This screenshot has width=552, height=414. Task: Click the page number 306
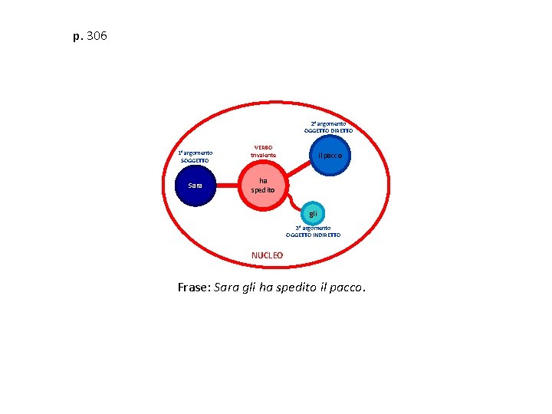click(97, 36)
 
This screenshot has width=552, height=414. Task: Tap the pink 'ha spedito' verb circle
click(263, 186)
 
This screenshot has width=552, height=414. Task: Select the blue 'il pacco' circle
click(330, 156)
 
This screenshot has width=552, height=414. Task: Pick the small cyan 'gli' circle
click(313, 212)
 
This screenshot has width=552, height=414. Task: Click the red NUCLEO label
click(267, 255)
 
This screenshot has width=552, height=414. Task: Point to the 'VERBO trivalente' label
click(263, 151)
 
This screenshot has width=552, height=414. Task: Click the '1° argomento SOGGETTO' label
click(195, 156)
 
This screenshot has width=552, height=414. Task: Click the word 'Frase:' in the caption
click(193, 287)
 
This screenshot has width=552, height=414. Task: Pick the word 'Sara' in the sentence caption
click(228, 287)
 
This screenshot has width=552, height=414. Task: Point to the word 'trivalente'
click(263, 156)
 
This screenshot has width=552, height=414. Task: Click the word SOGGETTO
click(195, 160)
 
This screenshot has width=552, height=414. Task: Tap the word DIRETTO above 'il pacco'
click(340, 131)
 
